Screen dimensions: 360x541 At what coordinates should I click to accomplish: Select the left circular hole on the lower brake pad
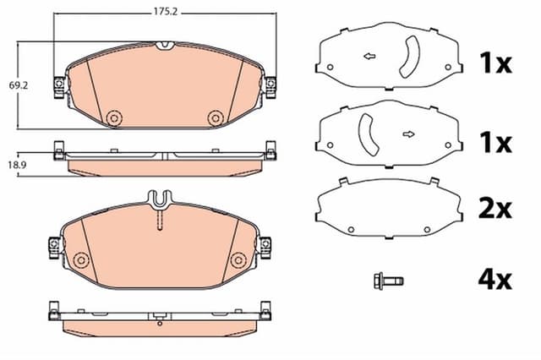click(x=81, y=258)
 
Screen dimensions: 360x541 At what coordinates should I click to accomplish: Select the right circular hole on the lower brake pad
click(x=239, y=258)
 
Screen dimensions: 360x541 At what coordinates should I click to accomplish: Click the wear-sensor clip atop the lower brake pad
click(x=160, y=200)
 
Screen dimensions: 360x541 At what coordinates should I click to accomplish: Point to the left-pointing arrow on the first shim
click(x=369, y=57)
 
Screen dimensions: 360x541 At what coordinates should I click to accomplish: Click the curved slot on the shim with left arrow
click(x=410, y=62)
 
